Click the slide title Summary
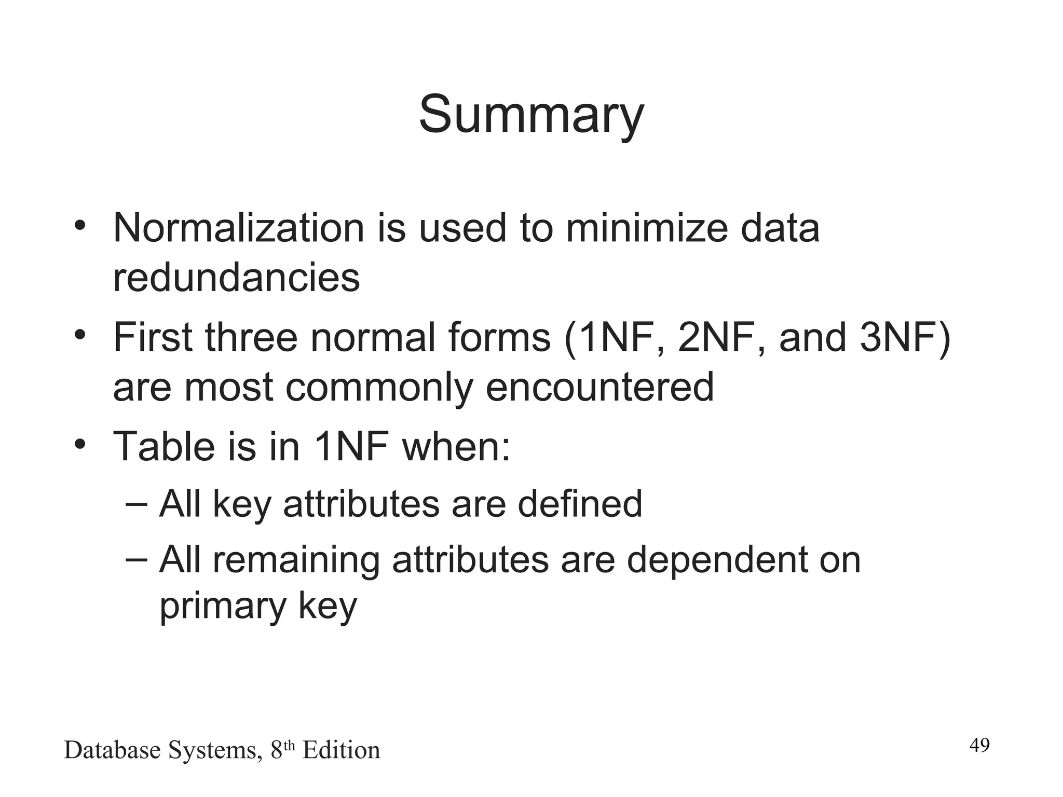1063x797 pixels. pos(531,115)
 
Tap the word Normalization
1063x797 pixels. pos(239,228)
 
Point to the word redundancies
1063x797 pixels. pos(236,277)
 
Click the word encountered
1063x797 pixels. pos(599,387)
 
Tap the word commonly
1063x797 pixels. pos(379,387)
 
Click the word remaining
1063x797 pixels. pos(295,560)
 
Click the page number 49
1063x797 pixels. pos(979,745)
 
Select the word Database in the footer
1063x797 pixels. pos(112,750)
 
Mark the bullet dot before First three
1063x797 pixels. pos(79,334)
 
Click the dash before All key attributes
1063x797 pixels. pos(137,503)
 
